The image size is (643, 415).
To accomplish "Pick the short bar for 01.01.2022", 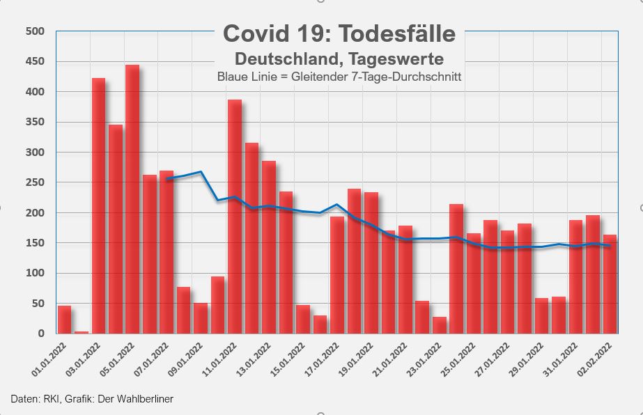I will coord(64,320).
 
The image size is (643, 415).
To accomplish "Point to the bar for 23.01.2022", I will coord(439,325).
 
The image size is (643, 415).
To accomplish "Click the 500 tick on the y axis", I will coord(35,31).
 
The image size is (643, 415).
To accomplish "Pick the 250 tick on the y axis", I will coord(35,182).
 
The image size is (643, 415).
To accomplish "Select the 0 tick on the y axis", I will coord(41,334).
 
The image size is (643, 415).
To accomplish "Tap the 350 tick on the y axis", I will coord(35,122).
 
